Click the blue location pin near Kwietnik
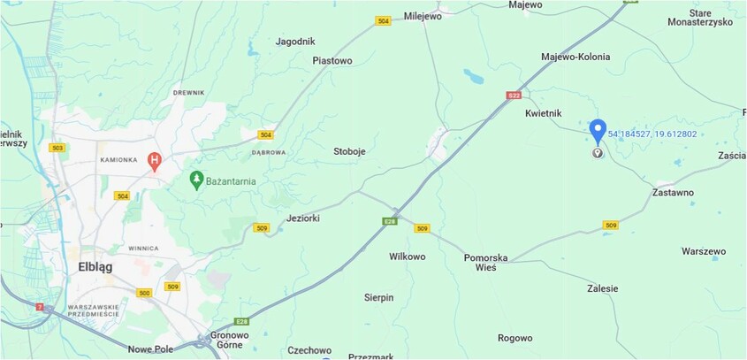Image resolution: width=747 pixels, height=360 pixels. click(x=598, y=131)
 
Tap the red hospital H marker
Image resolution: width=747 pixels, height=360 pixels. click(x=155, y=161)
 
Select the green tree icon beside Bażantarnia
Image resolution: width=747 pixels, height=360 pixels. click(x=197, y=180)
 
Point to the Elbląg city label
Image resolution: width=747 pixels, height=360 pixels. click(x=95, y=266)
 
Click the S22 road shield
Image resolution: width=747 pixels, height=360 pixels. click(x=515, y=95)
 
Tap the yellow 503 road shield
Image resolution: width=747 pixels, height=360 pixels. click(x=57, y=148)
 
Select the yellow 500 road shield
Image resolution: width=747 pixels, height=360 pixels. click(x=145, y=293)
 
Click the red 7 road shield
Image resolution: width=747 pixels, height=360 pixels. click(x=39, y=307)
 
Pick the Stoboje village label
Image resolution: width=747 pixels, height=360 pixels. click(x=349, y=151)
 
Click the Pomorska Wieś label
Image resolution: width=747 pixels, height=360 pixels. click(x=486, y=262)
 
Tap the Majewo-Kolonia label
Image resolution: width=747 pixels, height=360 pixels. click(x=575, y=57)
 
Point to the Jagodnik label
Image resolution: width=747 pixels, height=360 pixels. click(x=295, y=42)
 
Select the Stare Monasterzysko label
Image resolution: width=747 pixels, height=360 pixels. click(x=712, y=18)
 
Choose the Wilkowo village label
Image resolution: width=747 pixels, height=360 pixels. click(x=407, y=257)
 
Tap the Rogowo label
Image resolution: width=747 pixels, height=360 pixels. click(x=515, y=338)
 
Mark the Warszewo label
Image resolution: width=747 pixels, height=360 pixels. click(x=704, y=251)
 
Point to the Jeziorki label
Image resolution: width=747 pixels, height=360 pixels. click(x=303, y=218)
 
